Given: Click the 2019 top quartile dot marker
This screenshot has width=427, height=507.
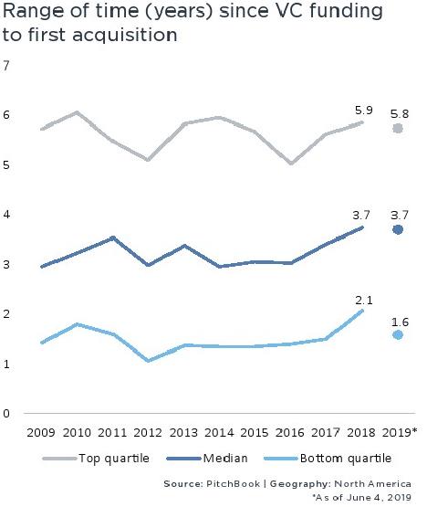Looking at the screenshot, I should click(397, 129).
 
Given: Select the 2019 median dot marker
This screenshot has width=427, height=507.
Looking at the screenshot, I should click(397, 229).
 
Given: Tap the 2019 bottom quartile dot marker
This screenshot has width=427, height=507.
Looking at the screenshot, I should click(397, 335).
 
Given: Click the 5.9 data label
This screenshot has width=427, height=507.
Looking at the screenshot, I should click(363, 110).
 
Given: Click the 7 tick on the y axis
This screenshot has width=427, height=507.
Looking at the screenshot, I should click(7, 66).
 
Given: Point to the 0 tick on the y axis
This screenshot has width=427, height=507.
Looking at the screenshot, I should click(7, 414).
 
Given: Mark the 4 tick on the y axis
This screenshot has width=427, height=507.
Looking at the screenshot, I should click(7, 215).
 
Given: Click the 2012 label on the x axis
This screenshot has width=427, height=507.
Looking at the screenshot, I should click(149, 432).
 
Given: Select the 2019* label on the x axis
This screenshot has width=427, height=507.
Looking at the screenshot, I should click(399, 432).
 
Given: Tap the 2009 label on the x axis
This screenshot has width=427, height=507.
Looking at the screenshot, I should click(42, 432).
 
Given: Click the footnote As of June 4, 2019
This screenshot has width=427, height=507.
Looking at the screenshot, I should click(363, 497).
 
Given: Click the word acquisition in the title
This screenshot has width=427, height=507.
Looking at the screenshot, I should click(125, 37).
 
